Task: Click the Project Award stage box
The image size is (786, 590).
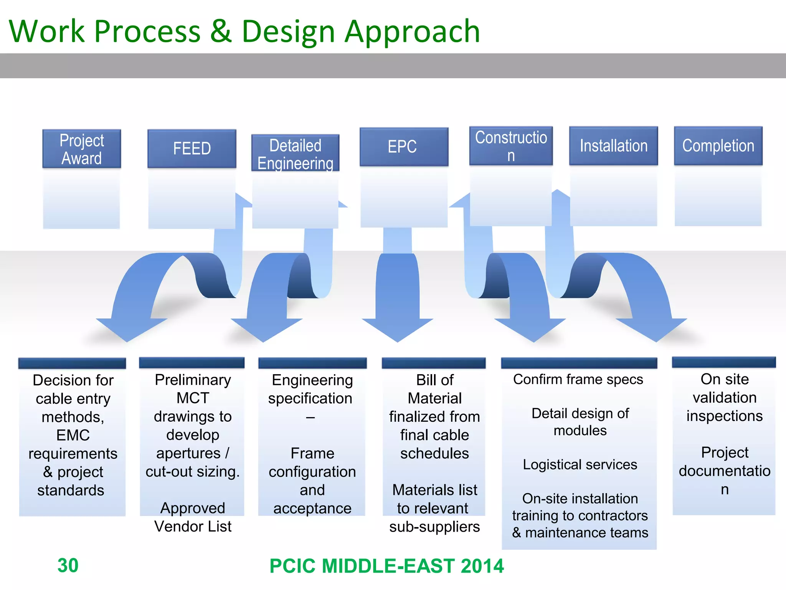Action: [81, 149]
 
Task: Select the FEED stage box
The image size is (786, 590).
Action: [192, 149]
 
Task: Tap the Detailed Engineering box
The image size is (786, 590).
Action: [295, 154]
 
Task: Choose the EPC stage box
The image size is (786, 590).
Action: [403, 147]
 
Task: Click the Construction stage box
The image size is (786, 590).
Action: [511, 146]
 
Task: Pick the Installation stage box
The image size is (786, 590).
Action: [613, 146]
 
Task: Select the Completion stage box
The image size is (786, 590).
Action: [718, 146]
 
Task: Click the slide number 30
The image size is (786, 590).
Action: [68, 565]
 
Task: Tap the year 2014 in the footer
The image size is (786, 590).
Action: [482, 566]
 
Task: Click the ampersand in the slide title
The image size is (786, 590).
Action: [221, 31]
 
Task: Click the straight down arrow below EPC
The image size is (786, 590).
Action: [398, 296]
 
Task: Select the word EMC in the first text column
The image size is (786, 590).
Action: [73, 435]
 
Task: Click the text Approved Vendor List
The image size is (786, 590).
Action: [193, 517]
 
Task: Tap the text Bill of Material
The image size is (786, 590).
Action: [434, 389]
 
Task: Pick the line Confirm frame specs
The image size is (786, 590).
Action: [578, 380]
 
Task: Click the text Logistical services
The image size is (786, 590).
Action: [580, 465]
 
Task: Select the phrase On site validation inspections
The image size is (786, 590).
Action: [724, 398]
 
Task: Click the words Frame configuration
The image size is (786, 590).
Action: [312, 462]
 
